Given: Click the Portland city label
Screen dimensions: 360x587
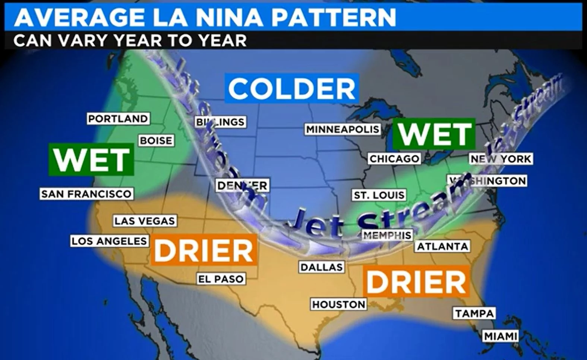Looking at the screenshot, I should [118, 119].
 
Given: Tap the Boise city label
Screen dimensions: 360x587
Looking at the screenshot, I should [156, 140].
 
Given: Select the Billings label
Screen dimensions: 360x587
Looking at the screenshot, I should [221, 122].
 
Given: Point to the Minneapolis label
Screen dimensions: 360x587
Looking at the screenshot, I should [343, 129].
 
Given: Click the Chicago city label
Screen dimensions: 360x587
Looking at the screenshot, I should [394, 159].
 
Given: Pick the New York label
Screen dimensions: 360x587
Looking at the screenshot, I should [501, 159].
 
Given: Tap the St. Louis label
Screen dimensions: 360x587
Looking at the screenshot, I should [379, 195].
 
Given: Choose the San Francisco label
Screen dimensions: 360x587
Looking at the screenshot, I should [86, 194].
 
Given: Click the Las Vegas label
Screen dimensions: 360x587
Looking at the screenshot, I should [145, 221].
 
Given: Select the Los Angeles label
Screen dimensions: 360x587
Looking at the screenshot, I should [109, 241].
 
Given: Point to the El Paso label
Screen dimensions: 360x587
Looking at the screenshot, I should [221, 279].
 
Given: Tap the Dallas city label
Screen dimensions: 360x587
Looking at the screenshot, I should [322, 267].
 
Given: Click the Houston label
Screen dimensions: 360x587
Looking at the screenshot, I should [339, 304].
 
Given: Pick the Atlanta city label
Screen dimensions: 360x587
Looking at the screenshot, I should [442, 246].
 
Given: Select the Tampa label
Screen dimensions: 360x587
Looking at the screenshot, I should [474, 313].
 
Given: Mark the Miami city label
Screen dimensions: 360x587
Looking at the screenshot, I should [501, 337].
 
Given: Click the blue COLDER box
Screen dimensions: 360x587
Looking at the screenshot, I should [291, 89].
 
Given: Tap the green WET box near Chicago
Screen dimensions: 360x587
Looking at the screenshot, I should [435, 134].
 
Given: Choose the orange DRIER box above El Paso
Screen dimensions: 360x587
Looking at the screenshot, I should [204, 250].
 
